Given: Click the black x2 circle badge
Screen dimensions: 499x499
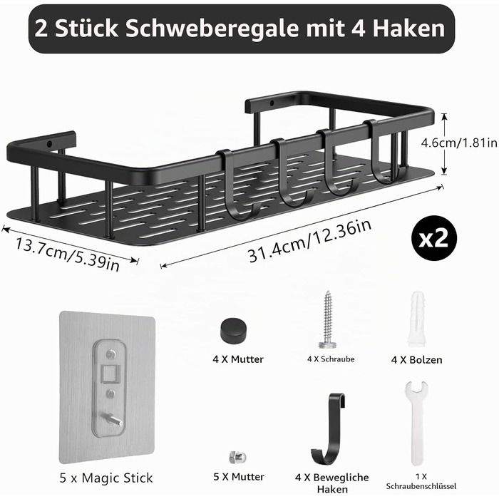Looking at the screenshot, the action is [433, 238].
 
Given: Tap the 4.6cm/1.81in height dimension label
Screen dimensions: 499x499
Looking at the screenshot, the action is [459, 143].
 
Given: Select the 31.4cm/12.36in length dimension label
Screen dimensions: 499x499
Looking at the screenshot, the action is [309, 241].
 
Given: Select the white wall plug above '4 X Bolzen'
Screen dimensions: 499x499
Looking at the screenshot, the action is [416, 319].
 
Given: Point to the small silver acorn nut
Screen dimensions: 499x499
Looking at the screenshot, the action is [237, 458].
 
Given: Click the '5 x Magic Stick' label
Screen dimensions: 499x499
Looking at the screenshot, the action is [106, 478].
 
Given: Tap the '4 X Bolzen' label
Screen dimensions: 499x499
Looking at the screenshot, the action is [416, 360].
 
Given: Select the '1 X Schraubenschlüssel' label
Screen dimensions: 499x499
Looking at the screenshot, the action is [421, 481].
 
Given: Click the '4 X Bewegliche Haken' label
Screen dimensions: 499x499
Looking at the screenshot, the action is [332, 483].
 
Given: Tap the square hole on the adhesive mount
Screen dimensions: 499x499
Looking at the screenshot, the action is [110, 374].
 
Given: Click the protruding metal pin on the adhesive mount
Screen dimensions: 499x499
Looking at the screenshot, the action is [112, 419].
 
